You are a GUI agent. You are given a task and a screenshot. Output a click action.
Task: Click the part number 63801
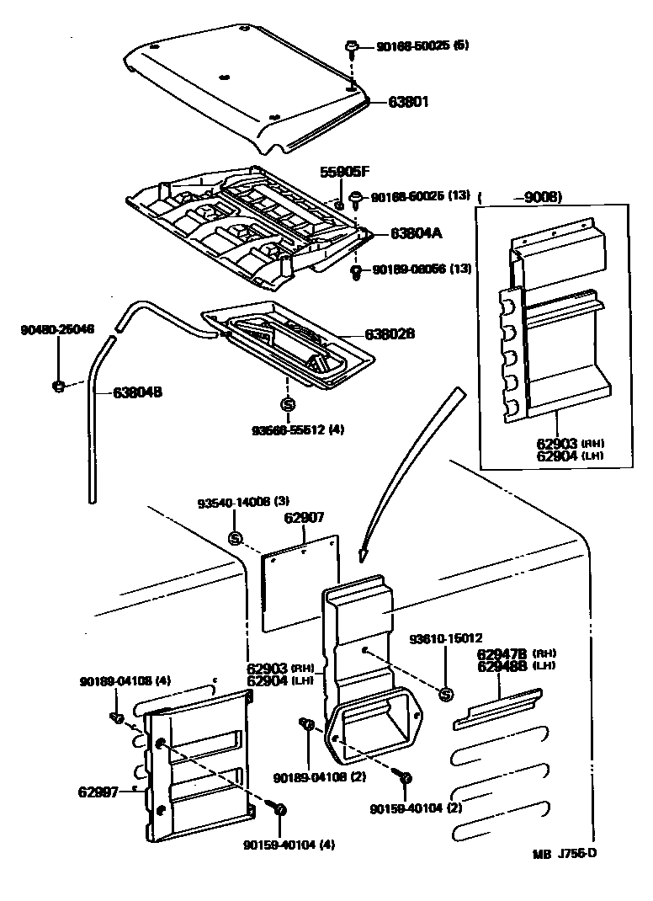(x=409, y=102)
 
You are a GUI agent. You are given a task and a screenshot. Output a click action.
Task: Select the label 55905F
(x=344, y=172)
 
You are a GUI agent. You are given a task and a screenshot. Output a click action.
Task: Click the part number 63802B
(x=391, y=334)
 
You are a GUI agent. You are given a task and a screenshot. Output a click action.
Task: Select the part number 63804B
(x=137, y=392)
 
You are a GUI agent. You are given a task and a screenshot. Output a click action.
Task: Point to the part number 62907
(x=304, y=517)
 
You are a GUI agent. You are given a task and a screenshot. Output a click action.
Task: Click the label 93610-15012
(x=446, y=638)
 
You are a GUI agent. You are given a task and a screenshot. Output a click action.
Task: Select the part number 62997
(x=98, y=791)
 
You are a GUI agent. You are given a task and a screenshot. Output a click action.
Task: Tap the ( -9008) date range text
(x=520, y=197)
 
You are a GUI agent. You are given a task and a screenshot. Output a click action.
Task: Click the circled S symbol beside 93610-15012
(x=447, y=694)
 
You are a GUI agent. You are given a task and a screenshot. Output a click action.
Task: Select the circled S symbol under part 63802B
(x=287, y=405)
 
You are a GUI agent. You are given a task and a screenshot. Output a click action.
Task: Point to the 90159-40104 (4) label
(x=289, y=845)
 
